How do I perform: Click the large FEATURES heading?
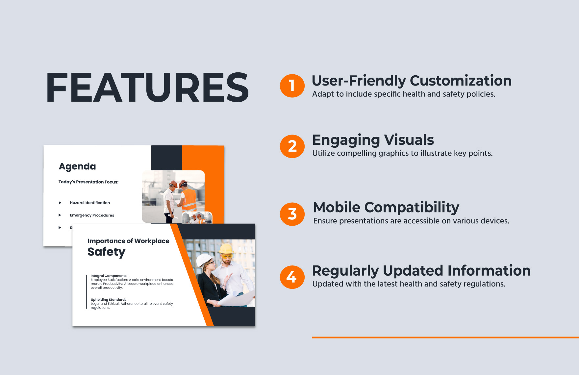(147, 87)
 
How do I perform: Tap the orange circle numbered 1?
(292, 86)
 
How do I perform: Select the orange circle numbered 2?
(292, 146)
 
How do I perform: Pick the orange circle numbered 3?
(292, 214)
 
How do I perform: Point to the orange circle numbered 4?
(292, 277)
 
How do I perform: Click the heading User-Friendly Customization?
(411, 81)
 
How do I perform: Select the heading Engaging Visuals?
(373, 140)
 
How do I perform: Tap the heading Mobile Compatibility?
(386, 208)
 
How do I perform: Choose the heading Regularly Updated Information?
(421, 271)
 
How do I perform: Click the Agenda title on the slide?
(77, 166)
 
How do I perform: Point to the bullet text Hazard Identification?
(90, 203)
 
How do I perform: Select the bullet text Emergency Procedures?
(92, 215)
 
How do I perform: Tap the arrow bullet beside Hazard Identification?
(60, 203)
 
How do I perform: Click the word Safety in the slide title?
(106, 252)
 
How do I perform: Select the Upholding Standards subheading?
(109, 300)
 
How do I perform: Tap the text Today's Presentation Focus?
(88, 182)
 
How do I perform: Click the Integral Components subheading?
(109, 276)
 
